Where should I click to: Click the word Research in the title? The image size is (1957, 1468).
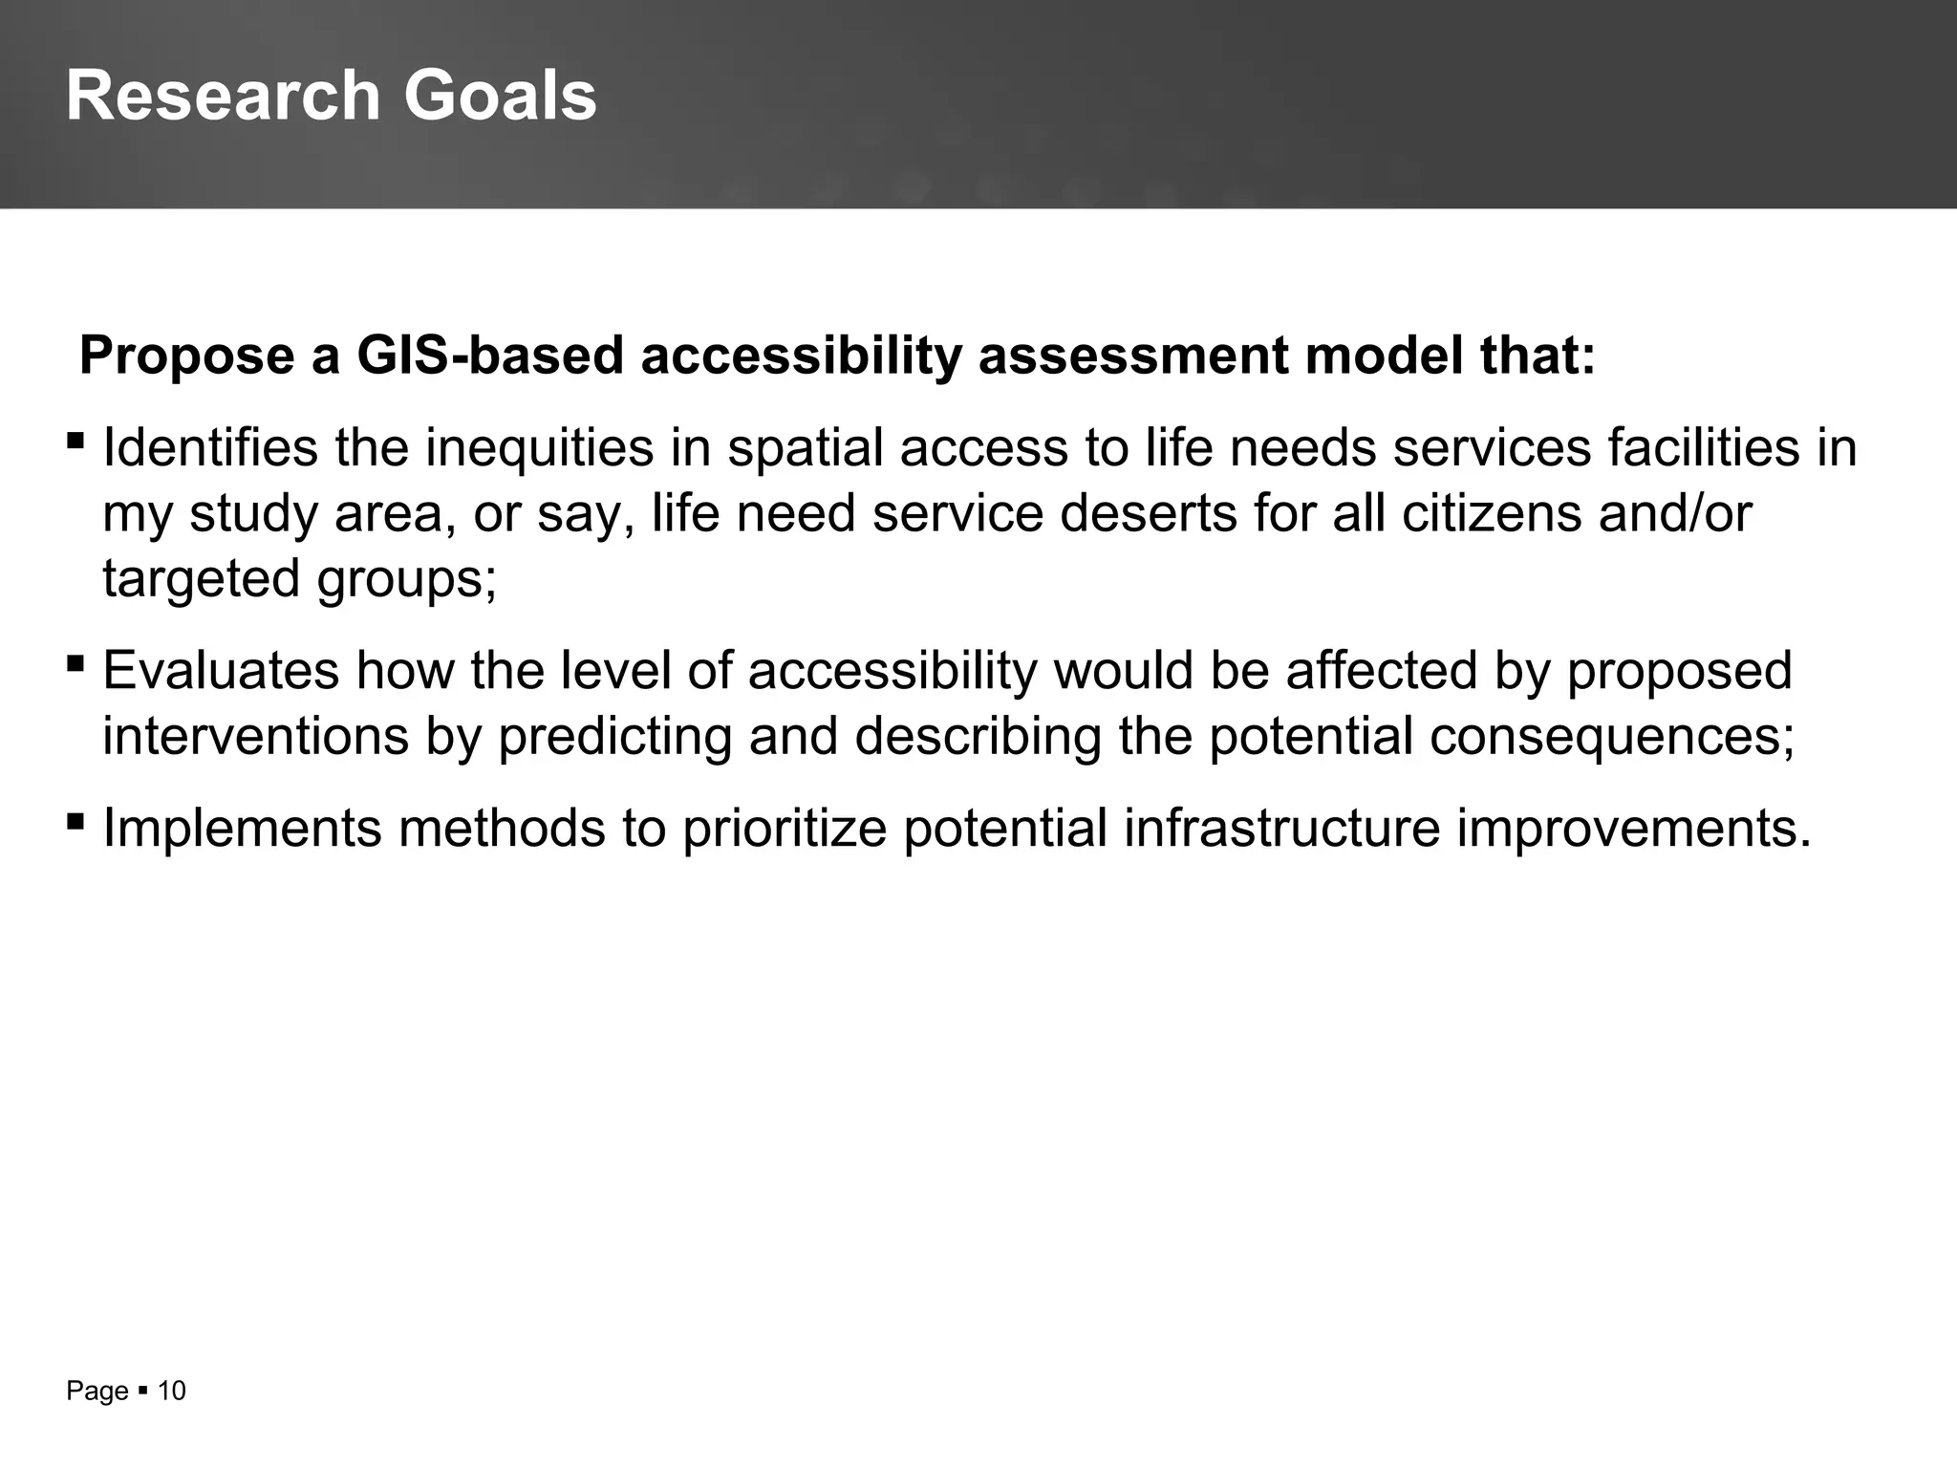tap(223, 96)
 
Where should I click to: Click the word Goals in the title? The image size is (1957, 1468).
tap(500, 96)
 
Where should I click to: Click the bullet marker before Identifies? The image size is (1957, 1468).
tap(75, 442)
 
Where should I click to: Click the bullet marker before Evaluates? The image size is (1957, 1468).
tap(75, 663)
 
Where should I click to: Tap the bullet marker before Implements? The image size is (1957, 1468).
tap(75, 820)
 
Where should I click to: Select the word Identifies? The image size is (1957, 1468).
tap(209, 447)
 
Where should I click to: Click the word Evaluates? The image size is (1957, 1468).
tap(221, 670)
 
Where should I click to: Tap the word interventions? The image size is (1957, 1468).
tap(255, 736)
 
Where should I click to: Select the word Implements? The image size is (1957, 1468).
tap(242, 828)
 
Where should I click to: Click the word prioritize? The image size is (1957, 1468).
tap(785, 828)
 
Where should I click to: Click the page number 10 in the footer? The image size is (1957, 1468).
tap(171, 1391)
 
